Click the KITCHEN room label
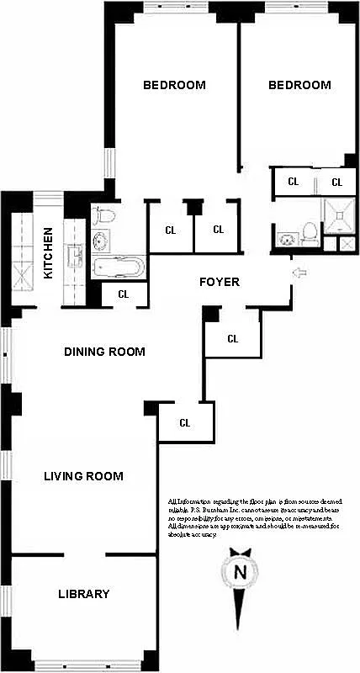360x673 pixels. (x=49, y=253)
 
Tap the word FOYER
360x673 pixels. (x=220, y=282)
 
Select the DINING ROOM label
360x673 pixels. (x=104, y=352)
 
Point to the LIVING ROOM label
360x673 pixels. (x=83, y=476)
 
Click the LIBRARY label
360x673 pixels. (x=83, y=594)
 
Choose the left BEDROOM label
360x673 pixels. (x=174, y=85)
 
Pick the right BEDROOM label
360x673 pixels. (x=299, y=85)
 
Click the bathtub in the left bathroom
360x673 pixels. (x=118, y=268)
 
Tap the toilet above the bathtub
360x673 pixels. (x=102, y=214)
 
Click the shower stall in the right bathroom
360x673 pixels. (x=339, y=217)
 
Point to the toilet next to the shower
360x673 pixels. (x=309, y=230)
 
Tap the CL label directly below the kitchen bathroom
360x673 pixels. (x=123, y=294)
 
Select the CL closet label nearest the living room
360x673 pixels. (x=184, y=422)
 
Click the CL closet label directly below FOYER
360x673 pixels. (x=233, y=339)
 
